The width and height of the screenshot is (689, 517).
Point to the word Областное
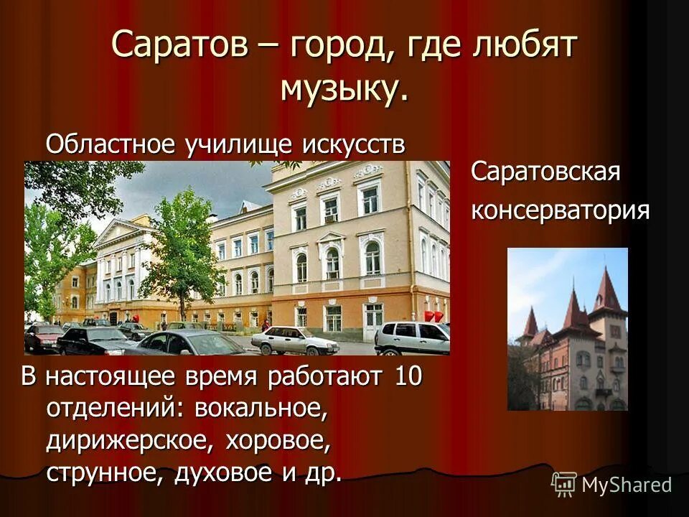[111, 144]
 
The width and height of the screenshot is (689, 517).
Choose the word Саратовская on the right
[545, 172]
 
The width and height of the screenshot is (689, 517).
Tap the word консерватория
[561, 210]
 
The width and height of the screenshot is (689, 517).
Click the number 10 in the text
[408, 378]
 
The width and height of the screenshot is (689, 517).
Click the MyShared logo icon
[564, 484]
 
